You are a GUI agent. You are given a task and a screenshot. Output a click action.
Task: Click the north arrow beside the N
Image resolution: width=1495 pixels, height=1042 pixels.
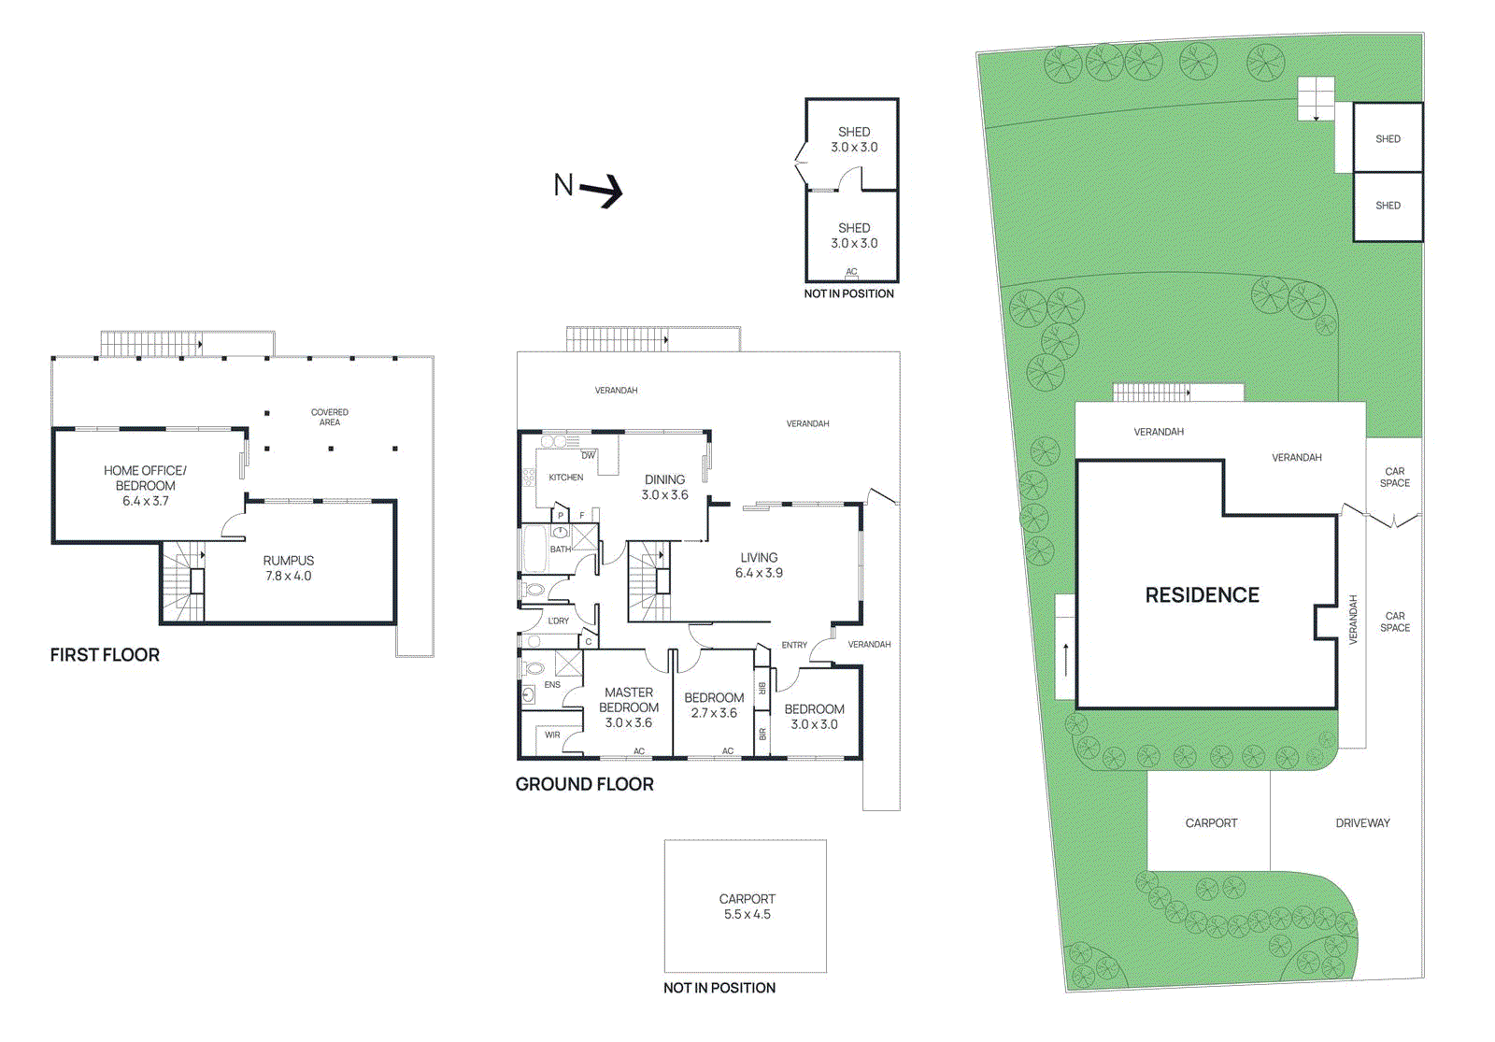tap(602, 191)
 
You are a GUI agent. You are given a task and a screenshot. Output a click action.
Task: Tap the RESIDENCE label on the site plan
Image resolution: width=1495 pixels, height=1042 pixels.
tap(1202, 595)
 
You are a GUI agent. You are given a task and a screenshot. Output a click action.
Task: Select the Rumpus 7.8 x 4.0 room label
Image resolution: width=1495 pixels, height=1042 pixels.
tap(288, 568)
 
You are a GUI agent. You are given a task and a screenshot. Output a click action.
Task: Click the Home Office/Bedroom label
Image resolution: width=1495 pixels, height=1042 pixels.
tap(145, 485)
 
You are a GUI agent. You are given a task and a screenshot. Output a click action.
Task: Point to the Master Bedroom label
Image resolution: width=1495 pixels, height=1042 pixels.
tap(628, 707)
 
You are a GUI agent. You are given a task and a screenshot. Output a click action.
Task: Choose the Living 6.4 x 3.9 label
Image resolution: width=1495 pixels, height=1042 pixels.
tap(759, 565)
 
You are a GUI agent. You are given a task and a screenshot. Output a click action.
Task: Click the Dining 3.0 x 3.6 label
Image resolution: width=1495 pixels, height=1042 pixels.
tap(664, 487)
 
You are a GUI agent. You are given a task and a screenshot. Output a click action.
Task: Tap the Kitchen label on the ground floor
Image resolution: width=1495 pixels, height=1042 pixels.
tap(565, 478)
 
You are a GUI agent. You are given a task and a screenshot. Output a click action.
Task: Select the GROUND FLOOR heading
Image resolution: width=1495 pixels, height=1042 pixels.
tap(584, 785)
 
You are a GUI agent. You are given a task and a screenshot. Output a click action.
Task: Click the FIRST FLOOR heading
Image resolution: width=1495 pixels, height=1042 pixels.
tap(105, 655)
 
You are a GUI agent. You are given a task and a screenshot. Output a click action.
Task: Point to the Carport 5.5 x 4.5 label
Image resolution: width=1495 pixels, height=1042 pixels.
tap(747, 906)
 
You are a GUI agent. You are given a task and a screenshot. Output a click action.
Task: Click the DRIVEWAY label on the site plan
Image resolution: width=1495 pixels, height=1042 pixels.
tap(1362, 823)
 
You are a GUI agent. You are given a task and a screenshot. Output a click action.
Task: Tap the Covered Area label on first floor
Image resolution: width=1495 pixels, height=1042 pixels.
tap(329, 417)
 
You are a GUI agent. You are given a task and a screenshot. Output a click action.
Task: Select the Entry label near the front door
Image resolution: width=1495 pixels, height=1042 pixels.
tap(794, 645)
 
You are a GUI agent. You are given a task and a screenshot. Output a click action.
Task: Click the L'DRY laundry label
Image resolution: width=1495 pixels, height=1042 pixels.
tap(558, 621)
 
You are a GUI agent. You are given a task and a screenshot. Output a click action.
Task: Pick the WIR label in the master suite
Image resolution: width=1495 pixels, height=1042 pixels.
tap(552, 735)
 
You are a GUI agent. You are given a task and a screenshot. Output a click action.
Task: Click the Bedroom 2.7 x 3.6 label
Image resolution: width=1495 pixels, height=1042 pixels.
tap(714, 705)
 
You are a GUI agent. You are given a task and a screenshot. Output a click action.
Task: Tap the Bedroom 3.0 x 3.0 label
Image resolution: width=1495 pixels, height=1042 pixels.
tap(814, 717)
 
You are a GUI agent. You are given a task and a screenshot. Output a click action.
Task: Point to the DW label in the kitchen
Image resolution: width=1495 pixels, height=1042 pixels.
tap(588, 456)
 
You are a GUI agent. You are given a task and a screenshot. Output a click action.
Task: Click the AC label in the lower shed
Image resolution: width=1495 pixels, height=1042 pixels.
tap(851, 272)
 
